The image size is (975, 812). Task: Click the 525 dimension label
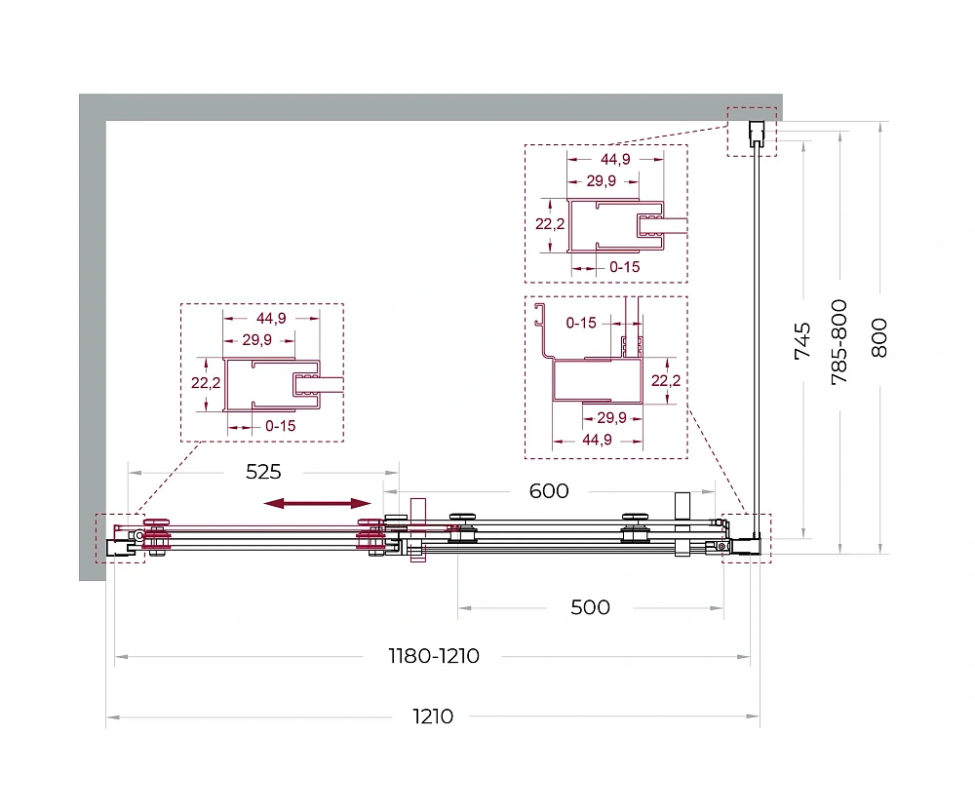pos(263,472)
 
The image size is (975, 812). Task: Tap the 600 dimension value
pos(549,491)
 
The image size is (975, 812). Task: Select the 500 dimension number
pos(590,607)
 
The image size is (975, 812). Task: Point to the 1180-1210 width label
pos(434,656)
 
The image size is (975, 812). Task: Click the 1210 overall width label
pos(433,716)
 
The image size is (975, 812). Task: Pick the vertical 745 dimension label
pos(802,341)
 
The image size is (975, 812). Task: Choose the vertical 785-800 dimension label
pos(839,342)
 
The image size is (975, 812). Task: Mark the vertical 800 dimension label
pos(879,337)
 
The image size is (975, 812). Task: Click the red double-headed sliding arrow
pos(317,504)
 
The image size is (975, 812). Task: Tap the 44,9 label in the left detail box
pos(271,319)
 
